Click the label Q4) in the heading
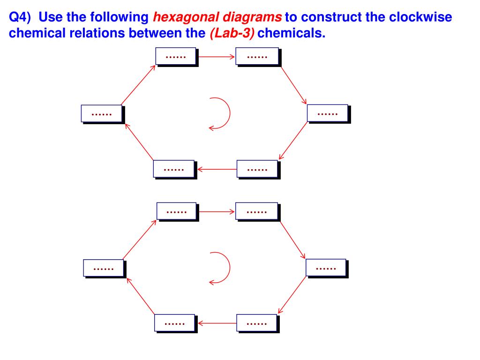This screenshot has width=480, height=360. [21, 18]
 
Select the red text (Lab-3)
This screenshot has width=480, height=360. [232, 34]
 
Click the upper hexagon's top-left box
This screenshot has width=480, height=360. [176, 56]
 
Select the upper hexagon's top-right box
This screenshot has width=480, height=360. [256, 56]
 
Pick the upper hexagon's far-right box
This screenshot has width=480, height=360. [328, 113]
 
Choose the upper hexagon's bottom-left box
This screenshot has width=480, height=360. [173, 169]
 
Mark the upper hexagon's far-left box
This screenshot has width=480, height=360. [101, 113]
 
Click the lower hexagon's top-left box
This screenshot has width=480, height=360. [176, 211]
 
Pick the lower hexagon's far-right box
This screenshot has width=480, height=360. [326, 267]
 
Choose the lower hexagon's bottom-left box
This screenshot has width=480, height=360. [174, 323]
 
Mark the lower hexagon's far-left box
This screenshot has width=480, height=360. [104, 268]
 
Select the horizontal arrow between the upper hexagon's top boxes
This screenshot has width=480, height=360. [216, 57]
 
